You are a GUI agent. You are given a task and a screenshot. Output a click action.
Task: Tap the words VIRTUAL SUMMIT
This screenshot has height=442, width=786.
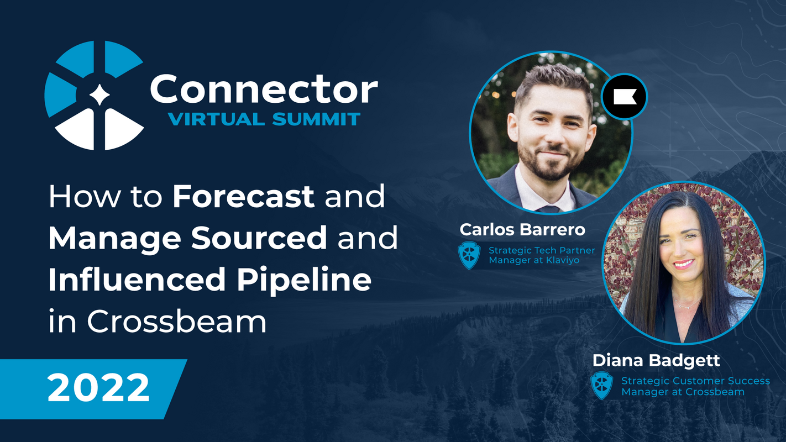pyautogui.click(x=265, y=119)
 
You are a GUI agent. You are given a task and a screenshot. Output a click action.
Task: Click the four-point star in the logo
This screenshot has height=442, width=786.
pyautogui.click(x=99, y=95)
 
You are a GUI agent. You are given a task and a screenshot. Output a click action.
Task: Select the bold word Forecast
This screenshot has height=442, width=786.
pyautogui.click(x=244, y=197)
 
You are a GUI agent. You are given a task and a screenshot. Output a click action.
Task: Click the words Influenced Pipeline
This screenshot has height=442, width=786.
pyautogui.click(x=210, y=280)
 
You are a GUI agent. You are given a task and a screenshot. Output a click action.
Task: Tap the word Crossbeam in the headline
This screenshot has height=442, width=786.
pyautogui.click(x=177, y=321)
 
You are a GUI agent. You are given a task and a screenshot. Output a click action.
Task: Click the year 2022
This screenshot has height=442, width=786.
pyautogui.click(x=98, y=388)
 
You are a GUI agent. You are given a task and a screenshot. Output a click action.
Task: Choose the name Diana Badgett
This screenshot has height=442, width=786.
pyautogui.click(x=656, y=360)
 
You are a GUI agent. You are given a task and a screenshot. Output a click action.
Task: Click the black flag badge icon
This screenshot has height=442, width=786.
pyautogui.click(x=624, y=97)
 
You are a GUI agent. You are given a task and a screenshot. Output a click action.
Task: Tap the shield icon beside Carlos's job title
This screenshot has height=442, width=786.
pyautogui.click(x=469, y=255)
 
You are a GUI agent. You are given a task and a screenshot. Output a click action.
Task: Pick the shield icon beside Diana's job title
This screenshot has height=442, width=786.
pyautogui.click(x=602, y=386)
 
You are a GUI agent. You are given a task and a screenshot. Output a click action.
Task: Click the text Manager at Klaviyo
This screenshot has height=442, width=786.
pyautogui.click(x=534, y=260)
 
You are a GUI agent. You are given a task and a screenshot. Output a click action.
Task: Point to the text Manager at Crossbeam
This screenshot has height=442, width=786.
pyautogui.click(x=683, y=392)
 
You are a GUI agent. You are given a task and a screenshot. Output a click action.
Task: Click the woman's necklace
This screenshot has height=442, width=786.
pyautogui.click(x=688, y=304)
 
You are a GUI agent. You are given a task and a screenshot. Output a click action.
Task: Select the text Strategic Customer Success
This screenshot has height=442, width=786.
pyautogui.click(x=695, y=381)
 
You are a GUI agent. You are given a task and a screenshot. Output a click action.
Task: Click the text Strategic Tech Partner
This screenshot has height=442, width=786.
pyautogui.click(x=542, y=250)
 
